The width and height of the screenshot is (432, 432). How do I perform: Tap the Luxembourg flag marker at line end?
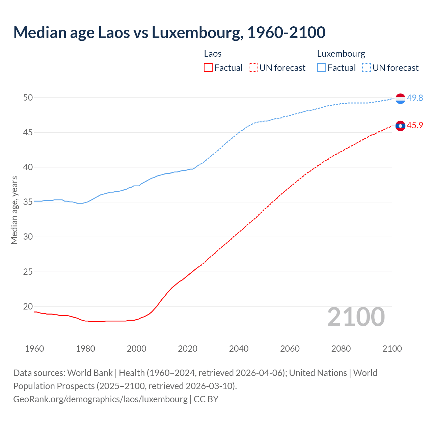400,98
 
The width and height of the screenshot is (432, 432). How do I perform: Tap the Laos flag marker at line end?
400,126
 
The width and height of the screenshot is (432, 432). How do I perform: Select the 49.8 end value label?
415,98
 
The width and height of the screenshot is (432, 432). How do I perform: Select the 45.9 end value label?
415,125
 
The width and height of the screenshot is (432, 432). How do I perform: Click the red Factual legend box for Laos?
208,68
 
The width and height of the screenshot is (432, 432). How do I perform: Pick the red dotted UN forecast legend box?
253,68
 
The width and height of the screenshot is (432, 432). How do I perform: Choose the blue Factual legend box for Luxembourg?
321,68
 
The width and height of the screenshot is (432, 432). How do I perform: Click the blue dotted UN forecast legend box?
366,68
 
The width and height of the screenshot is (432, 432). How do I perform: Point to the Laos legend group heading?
213,54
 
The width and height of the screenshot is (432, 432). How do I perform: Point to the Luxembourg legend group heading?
341,54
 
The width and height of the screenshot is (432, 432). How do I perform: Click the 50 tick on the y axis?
28,98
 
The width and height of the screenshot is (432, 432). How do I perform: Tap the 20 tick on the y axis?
28,306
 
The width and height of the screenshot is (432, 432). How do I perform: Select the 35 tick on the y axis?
28,202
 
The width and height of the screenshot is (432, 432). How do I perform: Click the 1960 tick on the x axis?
34,349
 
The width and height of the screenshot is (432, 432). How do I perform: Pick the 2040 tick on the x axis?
239,349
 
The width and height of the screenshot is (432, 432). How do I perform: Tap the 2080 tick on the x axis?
341,349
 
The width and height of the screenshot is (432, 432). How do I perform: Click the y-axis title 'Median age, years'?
14,210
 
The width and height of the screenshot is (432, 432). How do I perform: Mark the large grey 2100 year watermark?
356,317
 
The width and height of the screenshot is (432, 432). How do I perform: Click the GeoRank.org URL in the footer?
100,399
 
